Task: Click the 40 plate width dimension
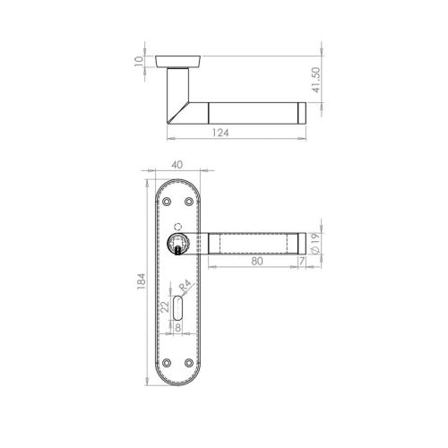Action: coord(180,166)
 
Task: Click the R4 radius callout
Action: coord(185,289)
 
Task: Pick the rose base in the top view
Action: coord(179,60)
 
